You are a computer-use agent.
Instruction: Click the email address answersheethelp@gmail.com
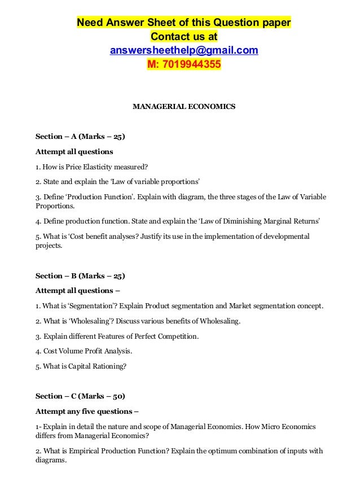(184, 51)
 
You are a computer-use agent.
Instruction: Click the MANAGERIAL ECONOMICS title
(184, 106)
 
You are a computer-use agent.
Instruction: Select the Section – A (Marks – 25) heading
(80, 137)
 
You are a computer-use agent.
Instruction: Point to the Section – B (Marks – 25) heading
(80, 276)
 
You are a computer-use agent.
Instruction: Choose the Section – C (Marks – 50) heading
(80, 395)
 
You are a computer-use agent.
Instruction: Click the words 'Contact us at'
(184, 37)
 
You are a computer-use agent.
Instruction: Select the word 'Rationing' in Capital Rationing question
(108, 365)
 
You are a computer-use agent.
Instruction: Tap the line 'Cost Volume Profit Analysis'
(84, 351)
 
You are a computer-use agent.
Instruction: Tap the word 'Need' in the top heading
(89, 23)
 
